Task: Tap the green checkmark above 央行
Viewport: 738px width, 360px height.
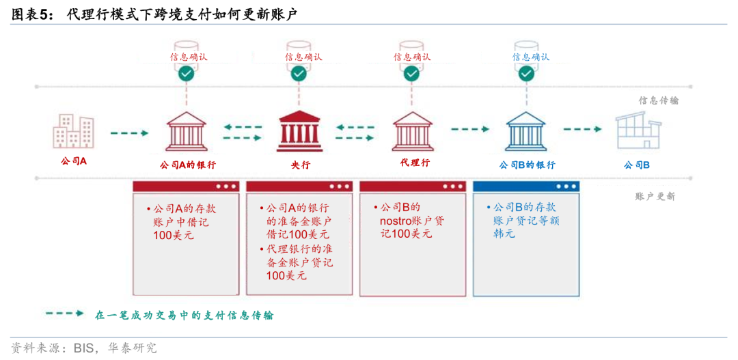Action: (x=299, y=73)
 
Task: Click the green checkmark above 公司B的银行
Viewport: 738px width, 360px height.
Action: (x=526, y=73)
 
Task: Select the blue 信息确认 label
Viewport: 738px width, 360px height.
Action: (x=530, y=57)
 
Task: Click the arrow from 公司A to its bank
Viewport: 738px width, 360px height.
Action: (x=129, y=133)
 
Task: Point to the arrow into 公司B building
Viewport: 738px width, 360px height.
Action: (x=583, y=128)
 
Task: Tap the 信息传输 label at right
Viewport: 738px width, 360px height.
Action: (x=659, y=100)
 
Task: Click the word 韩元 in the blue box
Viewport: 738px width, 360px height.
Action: (x=504, y=234)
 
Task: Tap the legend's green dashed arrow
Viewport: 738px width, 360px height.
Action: (x=64, y=313)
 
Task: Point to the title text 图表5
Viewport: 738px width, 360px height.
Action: (x=29, y=15)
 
